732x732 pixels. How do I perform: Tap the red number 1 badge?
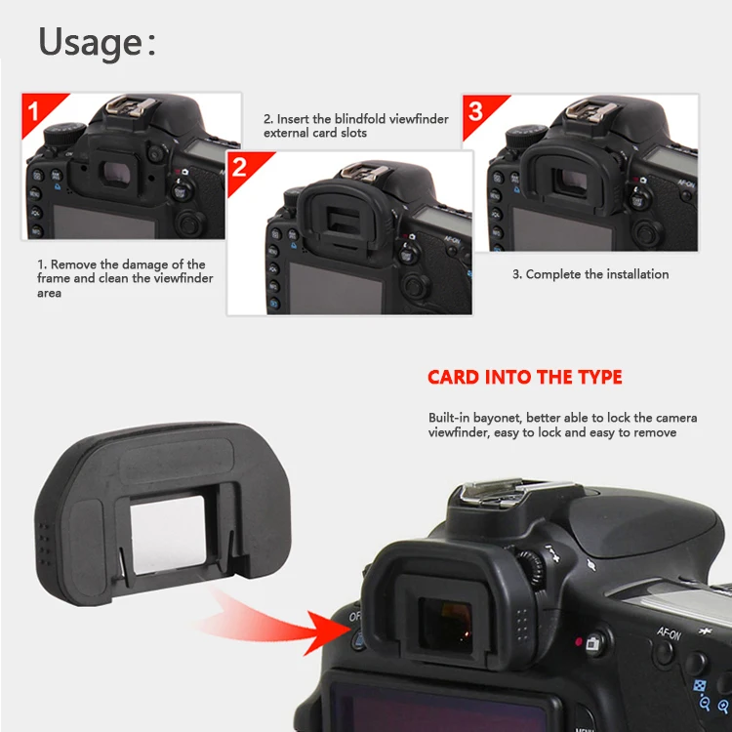point(35,110)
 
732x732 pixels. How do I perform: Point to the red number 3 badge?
point(475,110)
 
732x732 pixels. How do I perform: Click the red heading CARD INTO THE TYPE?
point(524,378)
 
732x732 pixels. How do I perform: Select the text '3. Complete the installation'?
point(590,274)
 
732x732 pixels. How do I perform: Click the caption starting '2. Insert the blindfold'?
point(355,126)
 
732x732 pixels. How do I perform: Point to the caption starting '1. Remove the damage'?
point(121,278)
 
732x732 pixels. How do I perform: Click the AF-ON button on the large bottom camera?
point(670,652)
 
